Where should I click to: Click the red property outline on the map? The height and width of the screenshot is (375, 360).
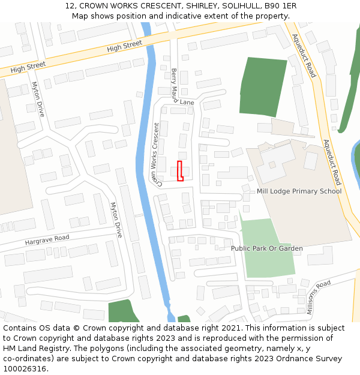(180, 171)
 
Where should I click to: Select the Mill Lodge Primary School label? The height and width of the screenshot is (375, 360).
(299, 191)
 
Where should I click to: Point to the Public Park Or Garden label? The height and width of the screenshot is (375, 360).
(267, 248)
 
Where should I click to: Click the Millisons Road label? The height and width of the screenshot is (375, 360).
(319, 298)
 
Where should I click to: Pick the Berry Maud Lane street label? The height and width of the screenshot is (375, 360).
(178, 88)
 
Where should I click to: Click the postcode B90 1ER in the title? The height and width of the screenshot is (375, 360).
(280, 6)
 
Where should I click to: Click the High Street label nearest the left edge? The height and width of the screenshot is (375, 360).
(28, 68)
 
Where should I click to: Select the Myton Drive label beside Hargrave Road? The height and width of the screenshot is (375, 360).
(116, 220)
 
